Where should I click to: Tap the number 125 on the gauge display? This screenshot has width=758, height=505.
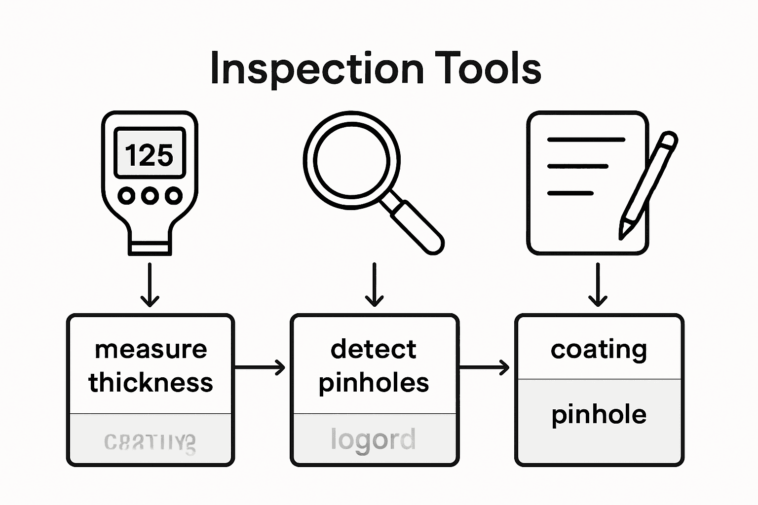pyautogui.click(x=149, y=155)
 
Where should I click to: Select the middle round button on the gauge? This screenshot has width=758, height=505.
pyautogui.click(x=150, y=196)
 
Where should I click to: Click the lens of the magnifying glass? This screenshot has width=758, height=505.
pyautogui.click(x=351, y=159)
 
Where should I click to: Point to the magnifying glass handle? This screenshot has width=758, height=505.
pyautogui.click(x=417, y=227)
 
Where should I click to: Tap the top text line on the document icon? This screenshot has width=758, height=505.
pyautogui.click(x=586, y=140)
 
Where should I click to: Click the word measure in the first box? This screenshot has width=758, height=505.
pyautogui.click(x=151, y=350)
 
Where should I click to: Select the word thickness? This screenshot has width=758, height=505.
pyautogui.click(x=151, y=383)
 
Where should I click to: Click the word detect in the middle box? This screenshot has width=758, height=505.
pyautogui.click(x=374, y=350)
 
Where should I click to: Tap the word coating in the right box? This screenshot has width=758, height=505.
pyautogui.click(x=599, y=350)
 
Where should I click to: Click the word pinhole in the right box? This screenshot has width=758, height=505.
pyautogui.click(x=599, y=415)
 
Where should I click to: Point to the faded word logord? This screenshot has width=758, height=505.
pyautogui.click(x=373, y=440)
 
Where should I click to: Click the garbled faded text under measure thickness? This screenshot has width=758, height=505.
pyautogui.click(x=150, y=442)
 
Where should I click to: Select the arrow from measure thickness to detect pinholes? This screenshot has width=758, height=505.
pyautogui.click(x=260, y=367)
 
